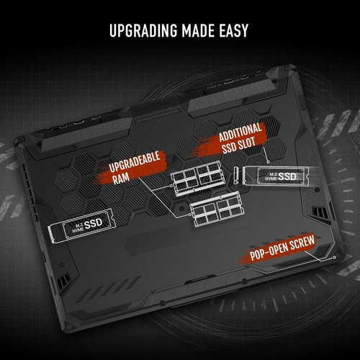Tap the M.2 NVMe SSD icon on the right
(274, 176)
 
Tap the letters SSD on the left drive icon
(94, 225)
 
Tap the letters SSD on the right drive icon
(287, 176)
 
